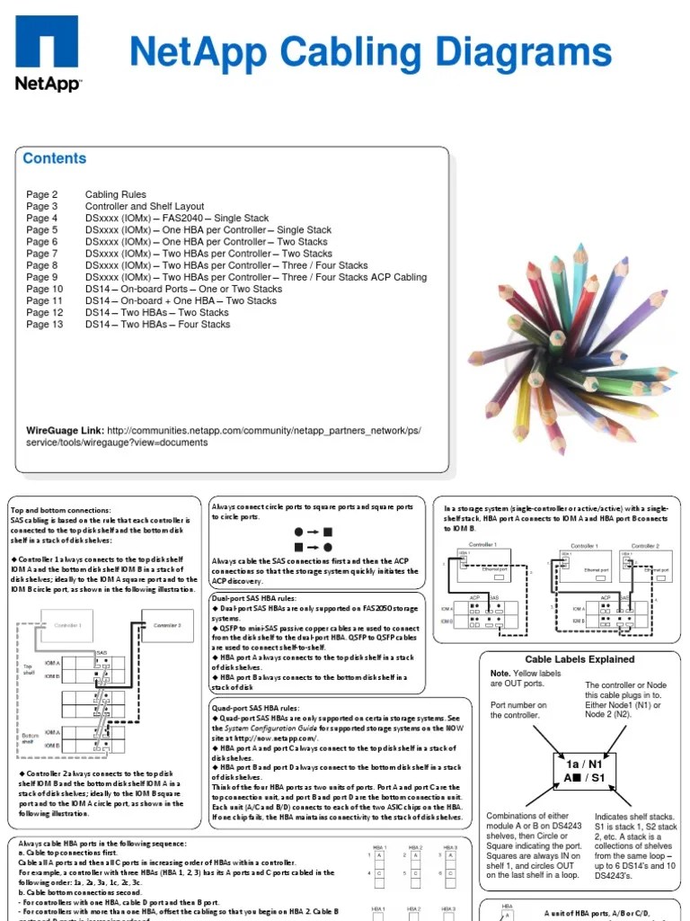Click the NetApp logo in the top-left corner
tap(48, 53)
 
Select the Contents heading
tap(55, 159)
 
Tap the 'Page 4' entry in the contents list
tap(41, 219)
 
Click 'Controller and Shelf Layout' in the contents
tap(145, 207)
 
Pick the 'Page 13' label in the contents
tap(44, 325)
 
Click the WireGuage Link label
tap(64, 431)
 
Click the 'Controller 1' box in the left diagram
tap(67, 625)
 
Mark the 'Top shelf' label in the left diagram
tap(29, 670)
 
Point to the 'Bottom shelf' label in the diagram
tap(30, 738)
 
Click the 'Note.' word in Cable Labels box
tap(500, 674)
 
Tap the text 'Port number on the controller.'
tap(518, 711)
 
